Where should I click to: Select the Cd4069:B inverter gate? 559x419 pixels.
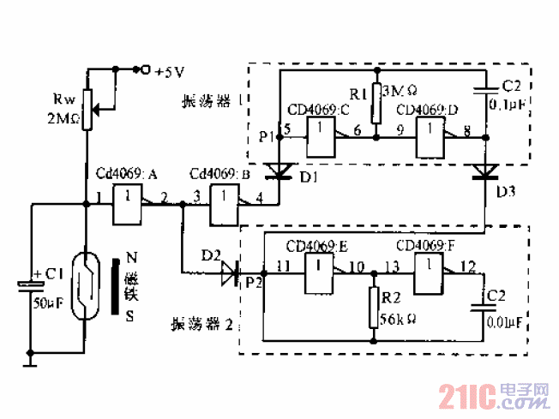click(225, 205)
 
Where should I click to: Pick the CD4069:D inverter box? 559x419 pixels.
click(430, 135)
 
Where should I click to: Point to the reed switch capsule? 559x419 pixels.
click(87, 285)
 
